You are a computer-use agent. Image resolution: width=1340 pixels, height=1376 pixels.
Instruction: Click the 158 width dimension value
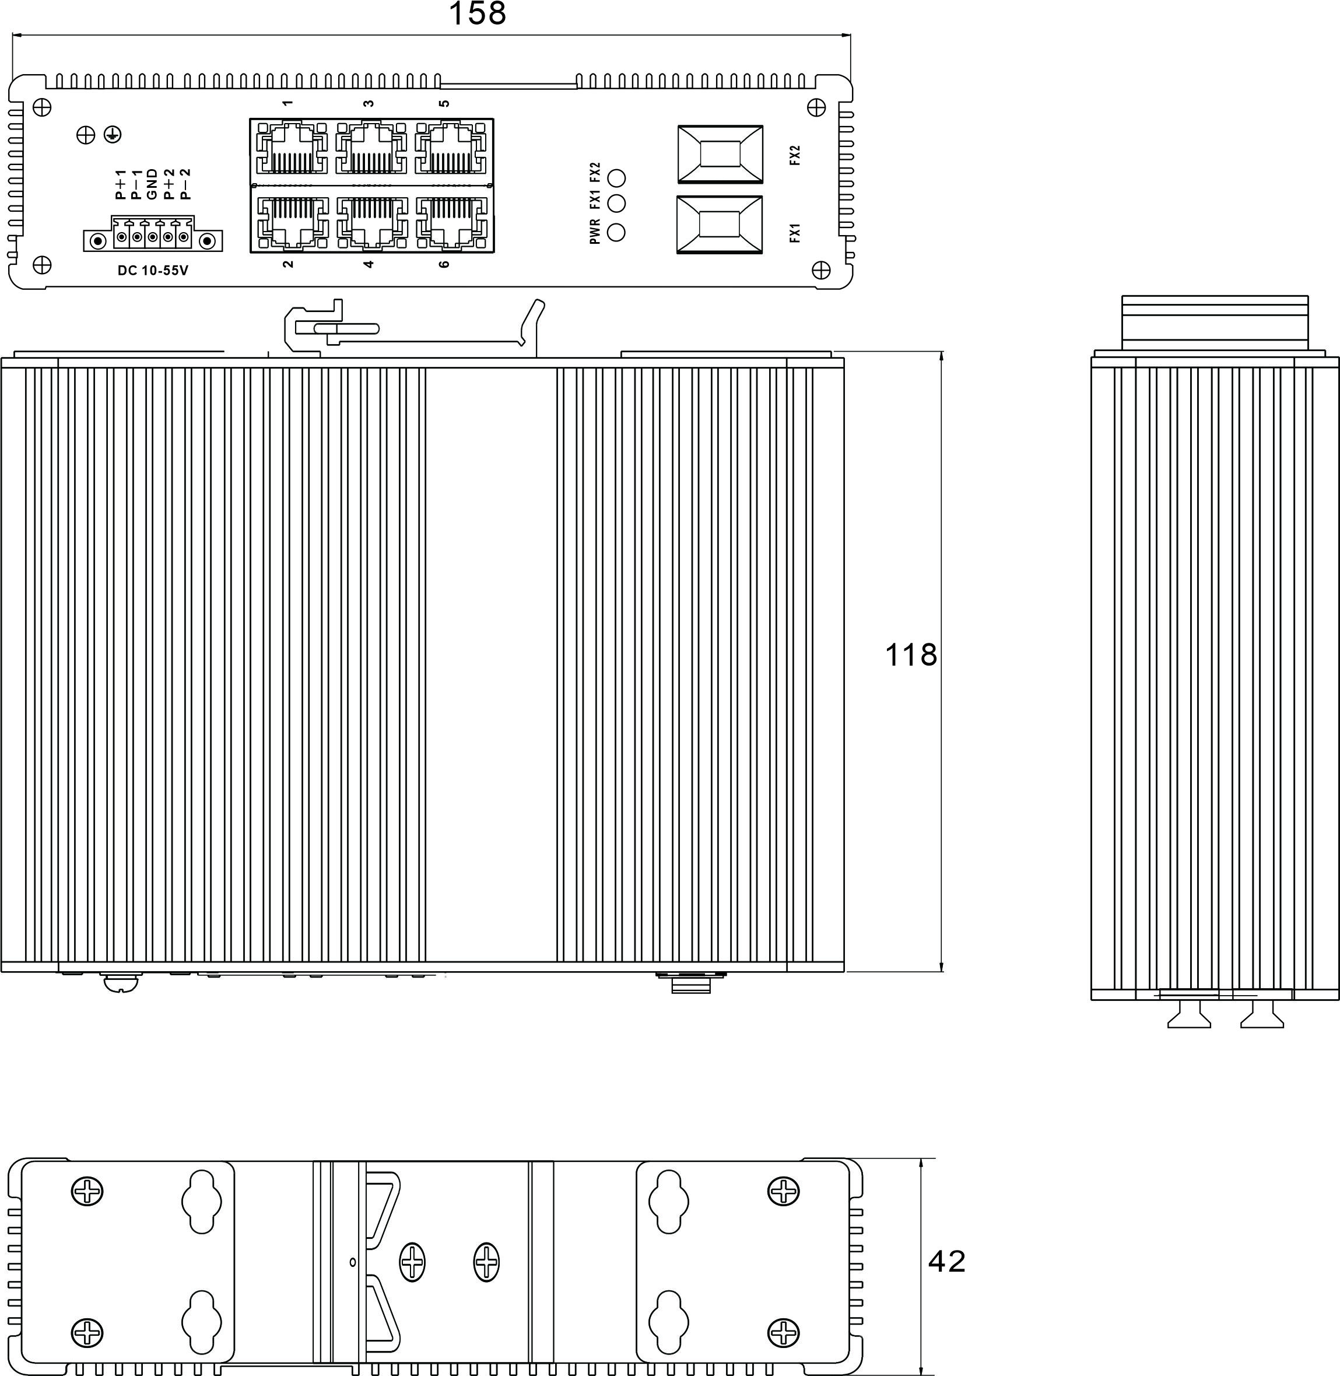pos(477,13)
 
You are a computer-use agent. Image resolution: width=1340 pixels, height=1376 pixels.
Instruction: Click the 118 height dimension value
pos(911,655)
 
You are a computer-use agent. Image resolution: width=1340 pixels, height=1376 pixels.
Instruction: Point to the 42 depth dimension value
pos(946,1262)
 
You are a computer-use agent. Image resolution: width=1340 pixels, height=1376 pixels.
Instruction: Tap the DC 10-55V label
pos(153,270)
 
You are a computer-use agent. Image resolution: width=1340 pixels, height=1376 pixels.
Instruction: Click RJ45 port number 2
pos(293,222)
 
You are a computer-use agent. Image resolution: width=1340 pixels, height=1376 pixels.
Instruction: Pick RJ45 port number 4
pos(371,222)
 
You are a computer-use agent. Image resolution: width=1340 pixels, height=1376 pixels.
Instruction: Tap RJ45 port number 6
pos(451,222)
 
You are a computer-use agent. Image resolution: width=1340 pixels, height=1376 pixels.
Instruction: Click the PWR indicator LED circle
pos(616,232)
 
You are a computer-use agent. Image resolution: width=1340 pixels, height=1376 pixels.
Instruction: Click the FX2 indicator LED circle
pos(616,177)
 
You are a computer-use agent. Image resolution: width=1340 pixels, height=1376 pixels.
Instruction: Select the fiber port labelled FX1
pos(718,225)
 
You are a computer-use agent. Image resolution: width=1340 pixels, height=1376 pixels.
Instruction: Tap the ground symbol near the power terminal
pos(112,134)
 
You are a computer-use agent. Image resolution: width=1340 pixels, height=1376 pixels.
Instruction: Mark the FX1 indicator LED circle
pos(616,204)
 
